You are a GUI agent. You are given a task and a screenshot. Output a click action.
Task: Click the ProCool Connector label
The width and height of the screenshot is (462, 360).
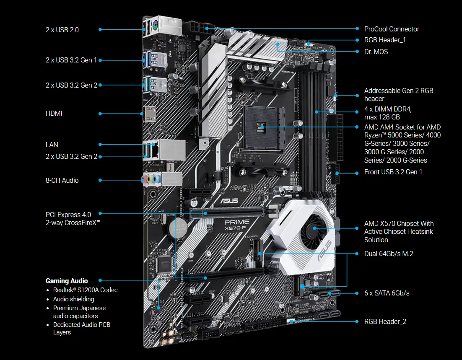tap(392, 29)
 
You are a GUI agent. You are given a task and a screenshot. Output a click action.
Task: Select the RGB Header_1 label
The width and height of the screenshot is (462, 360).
tap(385, 40)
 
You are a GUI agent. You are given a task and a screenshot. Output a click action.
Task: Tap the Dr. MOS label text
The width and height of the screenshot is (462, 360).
tap(376, 52)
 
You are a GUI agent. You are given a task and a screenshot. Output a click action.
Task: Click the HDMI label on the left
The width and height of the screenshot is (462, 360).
tap(54, 113)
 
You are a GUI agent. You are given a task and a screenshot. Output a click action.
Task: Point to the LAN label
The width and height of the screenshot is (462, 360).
tap(52, 145)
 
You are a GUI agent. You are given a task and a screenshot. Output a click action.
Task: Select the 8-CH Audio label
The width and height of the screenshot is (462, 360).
tap(62, 180)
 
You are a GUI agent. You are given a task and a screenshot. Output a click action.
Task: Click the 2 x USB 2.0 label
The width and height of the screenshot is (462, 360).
tap(62, 30)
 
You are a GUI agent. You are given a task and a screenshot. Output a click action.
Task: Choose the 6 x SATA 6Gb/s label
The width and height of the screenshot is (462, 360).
tap(387, 293)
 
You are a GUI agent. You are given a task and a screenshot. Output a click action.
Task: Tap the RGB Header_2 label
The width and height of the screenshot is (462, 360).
tap(385, 321)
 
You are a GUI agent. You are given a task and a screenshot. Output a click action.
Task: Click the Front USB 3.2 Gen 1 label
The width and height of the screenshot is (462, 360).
tap(393, 172)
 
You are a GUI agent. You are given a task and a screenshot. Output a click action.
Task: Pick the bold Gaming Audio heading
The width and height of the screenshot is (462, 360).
tap(67, 280)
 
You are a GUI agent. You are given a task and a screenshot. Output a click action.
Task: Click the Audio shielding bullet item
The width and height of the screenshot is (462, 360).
tap(73, 299)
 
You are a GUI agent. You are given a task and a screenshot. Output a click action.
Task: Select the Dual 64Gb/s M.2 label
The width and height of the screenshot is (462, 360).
tap(389, 254)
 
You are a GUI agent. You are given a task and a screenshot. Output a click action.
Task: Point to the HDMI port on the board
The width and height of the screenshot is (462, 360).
tap(149, 114)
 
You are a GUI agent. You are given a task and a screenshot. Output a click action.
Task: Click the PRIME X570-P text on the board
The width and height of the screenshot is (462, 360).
tap(237, 224)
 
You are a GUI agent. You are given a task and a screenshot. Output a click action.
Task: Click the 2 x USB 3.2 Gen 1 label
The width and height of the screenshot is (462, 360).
tap(71, 60)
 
